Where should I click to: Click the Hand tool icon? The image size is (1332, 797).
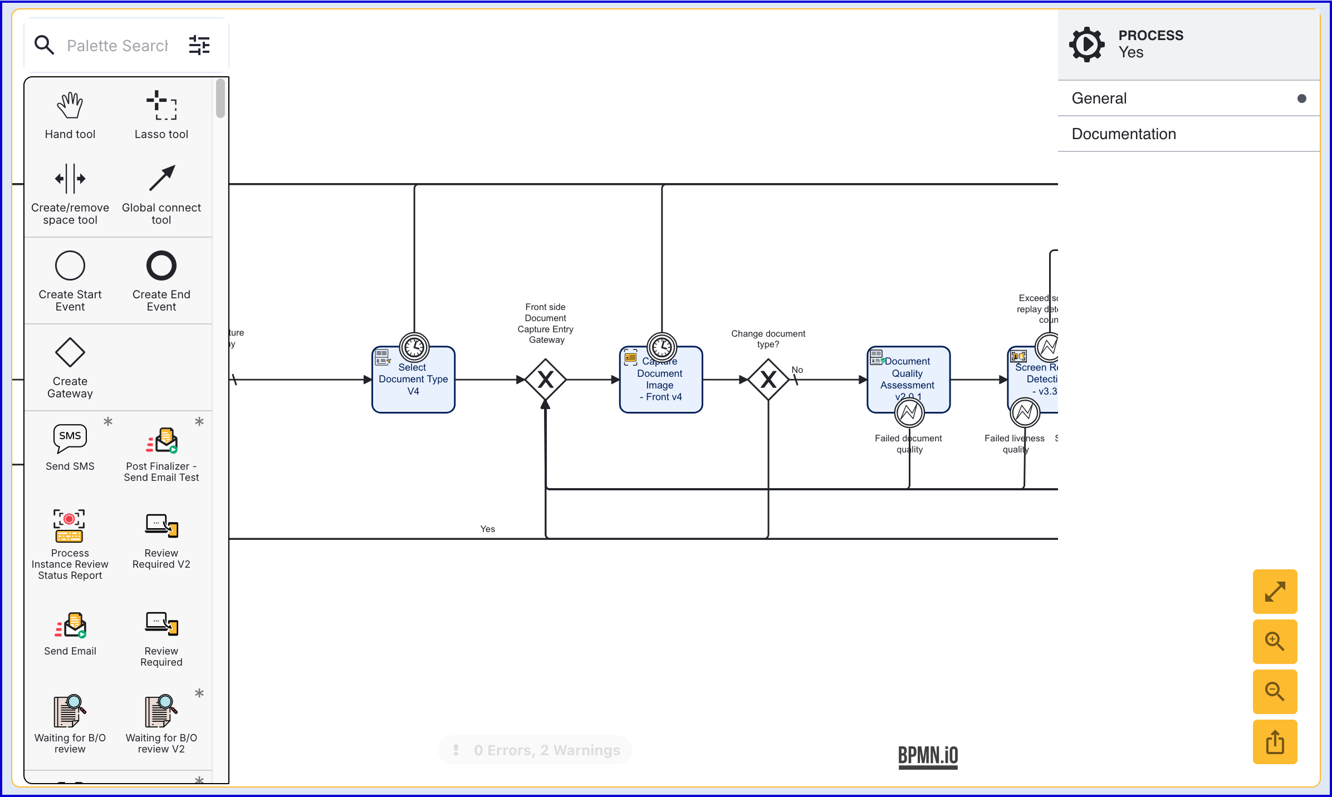click(x=70, y=105)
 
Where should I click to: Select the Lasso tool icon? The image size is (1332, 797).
click(x=161, y=105)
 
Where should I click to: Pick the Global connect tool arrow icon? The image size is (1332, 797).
click(x=161, y=178)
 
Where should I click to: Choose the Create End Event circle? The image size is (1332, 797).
click(x=161, y=265)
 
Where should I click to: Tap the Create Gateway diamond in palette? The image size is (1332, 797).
click(x=70, y=352)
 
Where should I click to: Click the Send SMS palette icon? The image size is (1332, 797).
click(x=70, y=438)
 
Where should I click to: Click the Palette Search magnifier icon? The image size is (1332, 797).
click(x=44, y=45)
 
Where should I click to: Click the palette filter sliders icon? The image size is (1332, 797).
click(x=199, y=45)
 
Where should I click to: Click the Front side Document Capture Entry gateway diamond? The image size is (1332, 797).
click(x=545, y=380)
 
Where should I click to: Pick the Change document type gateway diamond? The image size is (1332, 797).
click(x=768, y=380)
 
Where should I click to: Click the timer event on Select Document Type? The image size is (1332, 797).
click(x=414, y=348)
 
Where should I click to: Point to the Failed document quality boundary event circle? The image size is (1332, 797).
click(x=909, y=413)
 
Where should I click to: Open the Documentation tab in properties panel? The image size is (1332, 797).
click(x=1124, y=134)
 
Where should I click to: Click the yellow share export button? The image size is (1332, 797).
click(x=1275, y=742)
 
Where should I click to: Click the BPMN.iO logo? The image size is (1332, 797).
click(x=928, y=756)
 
